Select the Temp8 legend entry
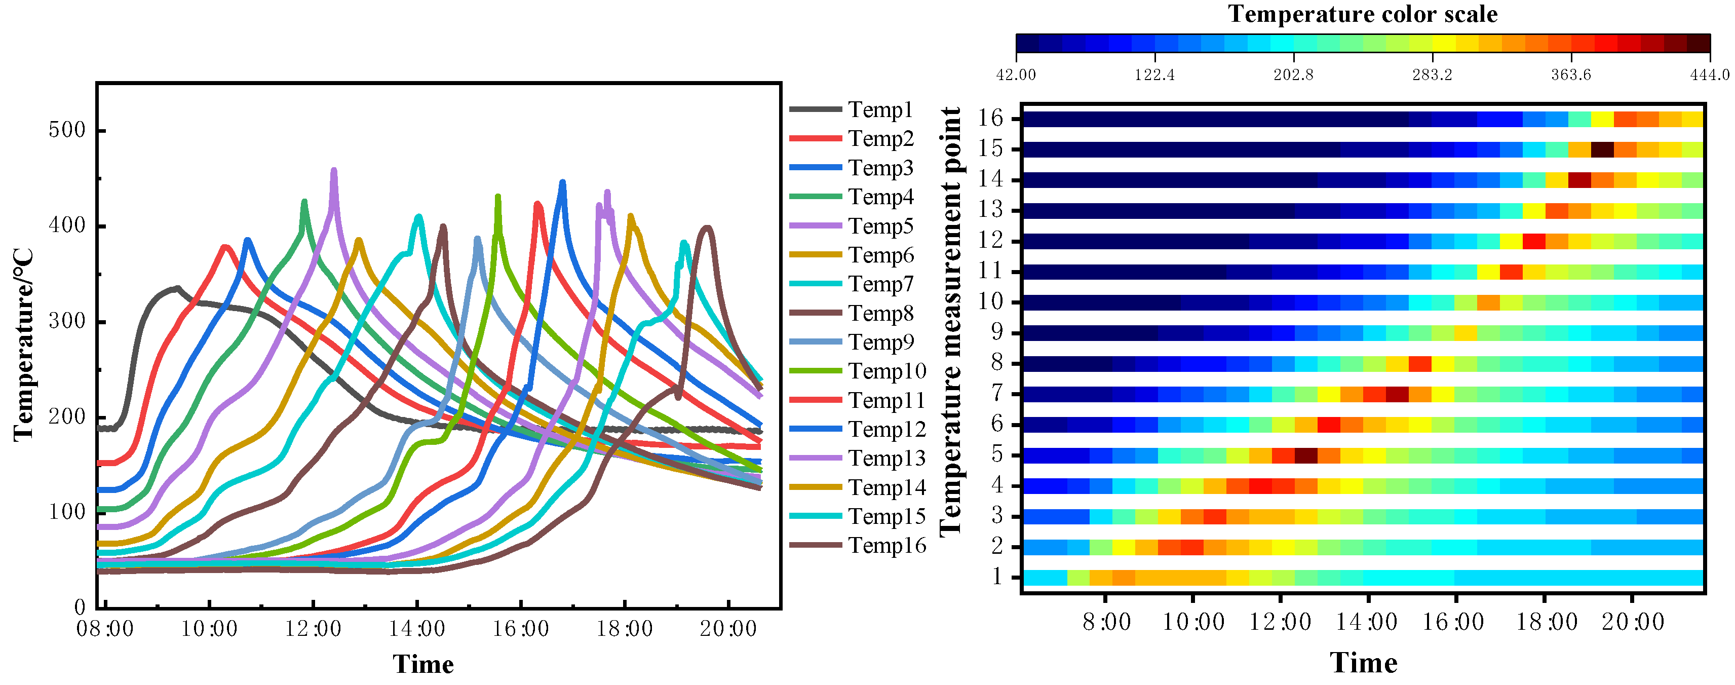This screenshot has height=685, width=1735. (x=879, y=313)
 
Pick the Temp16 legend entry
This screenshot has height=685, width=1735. (x=886, y=546)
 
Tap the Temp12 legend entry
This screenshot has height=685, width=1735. (x=886, y=429)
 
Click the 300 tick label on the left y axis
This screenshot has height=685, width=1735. (x=67, y=321)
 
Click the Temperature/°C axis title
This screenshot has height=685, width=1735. (x=24, y=345)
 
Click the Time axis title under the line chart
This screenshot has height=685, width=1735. (x=423, y=664)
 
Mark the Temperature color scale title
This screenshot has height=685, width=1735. (x=1363, y=14)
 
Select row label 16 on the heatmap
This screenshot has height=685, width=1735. (x=991, y=119)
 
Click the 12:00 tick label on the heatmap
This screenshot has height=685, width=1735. (x=1280, y=622)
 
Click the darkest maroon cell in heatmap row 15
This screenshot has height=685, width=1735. (x=1602, y=149)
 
